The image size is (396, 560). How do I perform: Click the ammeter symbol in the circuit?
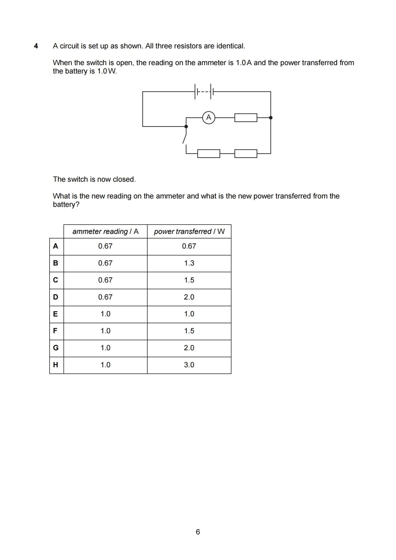209,118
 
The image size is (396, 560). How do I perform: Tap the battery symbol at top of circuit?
204,92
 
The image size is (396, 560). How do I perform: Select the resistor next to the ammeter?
246,118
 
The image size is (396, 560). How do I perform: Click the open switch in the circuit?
185,138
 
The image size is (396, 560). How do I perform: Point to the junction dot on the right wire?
271,118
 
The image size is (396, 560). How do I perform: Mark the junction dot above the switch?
186,126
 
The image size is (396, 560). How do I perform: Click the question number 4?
36,46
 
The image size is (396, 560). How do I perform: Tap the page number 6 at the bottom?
198,532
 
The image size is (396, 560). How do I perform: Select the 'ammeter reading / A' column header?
105,232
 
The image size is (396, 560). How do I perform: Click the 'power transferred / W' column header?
189,232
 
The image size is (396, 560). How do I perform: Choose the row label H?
56,365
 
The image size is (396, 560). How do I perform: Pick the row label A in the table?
56,246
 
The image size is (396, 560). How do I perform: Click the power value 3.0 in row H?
189,365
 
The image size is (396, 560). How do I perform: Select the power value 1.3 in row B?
189,263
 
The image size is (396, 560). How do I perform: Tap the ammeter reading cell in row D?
105,297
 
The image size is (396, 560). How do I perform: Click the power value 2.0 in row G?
189,348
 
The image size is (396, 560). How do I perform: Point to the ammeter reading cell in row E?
105,314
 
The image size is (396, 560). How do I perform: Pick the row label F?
55,331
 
